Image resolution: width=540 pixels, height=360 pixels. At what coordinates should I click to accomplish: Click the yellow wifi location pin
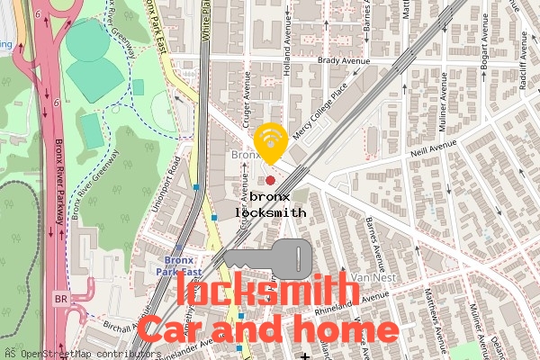tap(270, 142)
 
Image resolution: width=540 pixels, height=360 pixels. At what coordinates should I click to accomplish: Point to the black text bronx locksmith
tap(270, 204)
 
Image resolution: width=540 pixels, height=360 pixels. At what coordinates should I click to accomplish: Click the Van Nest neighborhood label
tap(373, 277)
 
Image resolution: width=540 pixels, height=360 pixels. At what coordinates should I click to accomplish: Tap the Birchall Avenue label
tap(121, 326)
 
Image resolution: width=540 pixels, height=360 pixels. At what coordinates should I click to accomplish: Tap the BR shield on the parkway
tap(60, 299)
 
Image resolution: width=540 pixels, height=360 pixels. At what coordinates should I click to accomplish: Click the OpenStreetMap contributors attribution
tap(76, 354)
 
